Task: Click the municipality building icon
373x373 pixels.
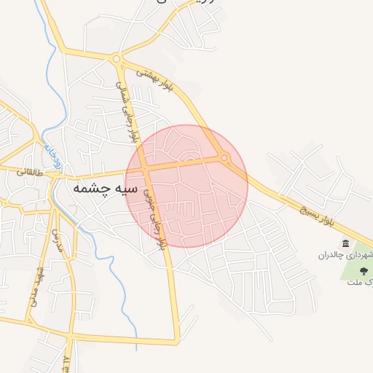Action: pyautogui.click(x=345, y=243)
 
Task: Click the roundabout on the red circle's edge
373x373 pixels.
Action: pyautogui.click(x=224, y=157)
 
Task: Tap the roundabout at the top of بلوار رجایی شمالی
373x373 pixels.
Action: pyautogui.click(x=116, y=59)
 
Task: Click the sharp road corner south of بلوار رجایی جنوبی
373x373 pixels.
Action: pyautogui.click(x=177, y=340)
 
